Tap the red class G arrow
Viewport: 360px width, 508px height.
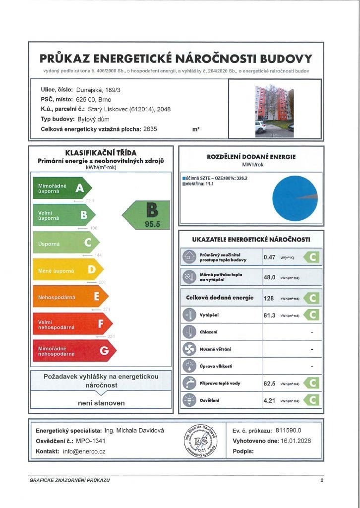73,351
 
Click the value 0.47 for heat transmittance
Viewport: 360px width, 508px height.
269,257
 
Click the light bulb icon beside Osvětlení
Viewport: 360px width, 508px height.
189,400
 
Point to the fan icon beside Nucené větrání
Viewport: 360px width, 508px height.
189,349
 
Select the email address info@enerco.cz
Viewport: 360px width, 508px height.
84,451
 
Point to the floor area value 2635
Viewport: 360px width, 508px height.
150,129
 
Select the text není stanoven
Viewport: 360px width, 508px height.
101,403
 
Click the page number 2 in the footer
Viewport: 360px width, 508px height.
322,481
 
